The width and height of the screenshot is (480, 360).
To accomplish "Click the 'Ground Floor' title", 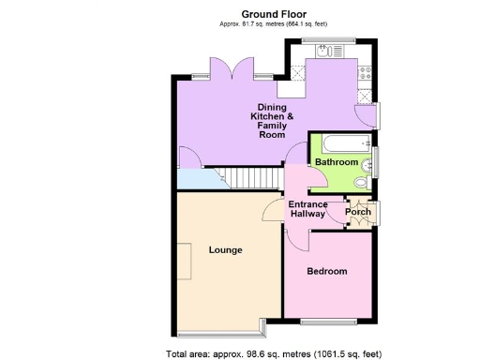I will point(273,13).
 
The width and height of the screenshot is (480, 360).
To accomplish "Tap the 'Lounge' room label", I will point(225,250).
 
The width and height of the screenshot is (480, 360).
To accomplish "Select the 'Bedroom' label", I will point(327,271).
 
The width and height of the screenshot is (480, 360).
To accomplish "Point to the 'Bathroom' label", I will point(336,162).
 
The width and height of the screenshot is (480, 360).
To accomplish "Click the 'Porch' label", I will point(358,212).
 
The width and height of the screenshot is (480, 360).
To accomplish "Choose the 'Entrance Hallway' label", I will point(307,209).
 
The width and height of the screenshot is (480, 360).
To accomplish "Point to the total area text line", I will point(273,353).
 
